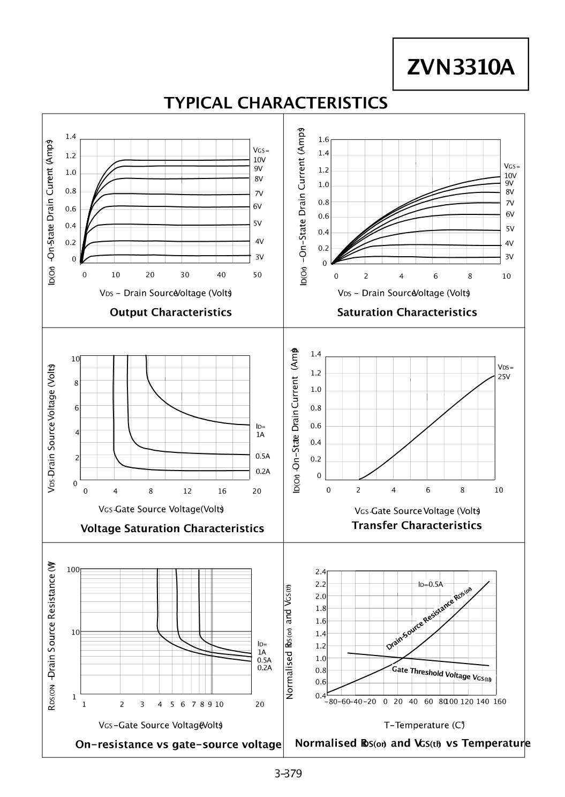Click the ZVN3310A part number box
click(x=461, y=64)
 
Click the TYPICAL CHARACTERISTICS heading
click(x=276, y=103)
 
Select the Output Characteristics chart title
click(x=171, y=312)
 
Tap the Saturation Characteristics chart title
click(x=407, y=312)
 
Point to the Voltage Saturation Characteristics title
click(x=172, y=528)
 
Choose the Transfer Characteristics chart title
click(x=417, y=525)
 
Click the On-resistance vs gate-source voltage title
click(x=178, y=744)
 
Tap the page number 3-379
click(x=288, y=773)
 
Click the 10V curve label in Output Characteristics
click(x=260, y=160)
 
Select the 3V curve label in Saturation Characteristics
click(x=509, y=257)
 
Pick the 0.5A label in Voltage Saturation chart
click(x=263, y=456)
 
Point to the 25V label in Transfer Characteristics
click(x=504, y=376)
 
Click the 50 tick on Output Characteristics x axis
click(x=258, y=274)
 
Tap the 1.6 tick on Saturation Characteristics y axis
click(x=323, y=139)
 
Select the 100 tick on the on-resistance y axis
click(x=73, y=570)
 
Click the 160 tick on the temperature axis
click(x=500, y=701)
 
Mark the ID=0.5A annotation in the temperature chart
click(x=430, y=584)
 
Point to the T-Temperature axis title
click(x=424, y=725)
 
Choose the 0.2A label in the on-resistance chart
click(x=265, y=667)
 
